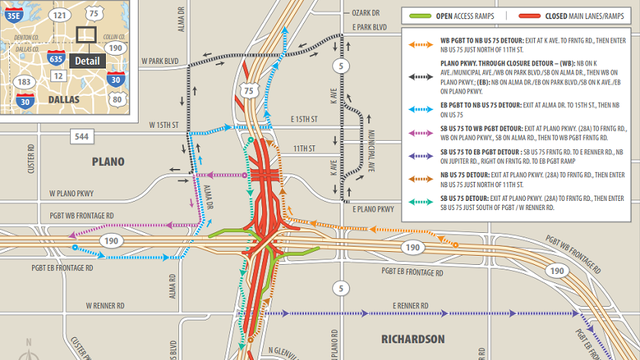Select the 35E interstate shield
pos(14,14)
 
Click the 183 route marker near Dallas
pos(22,79)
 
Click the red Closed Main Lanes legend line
pos(534,16)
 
